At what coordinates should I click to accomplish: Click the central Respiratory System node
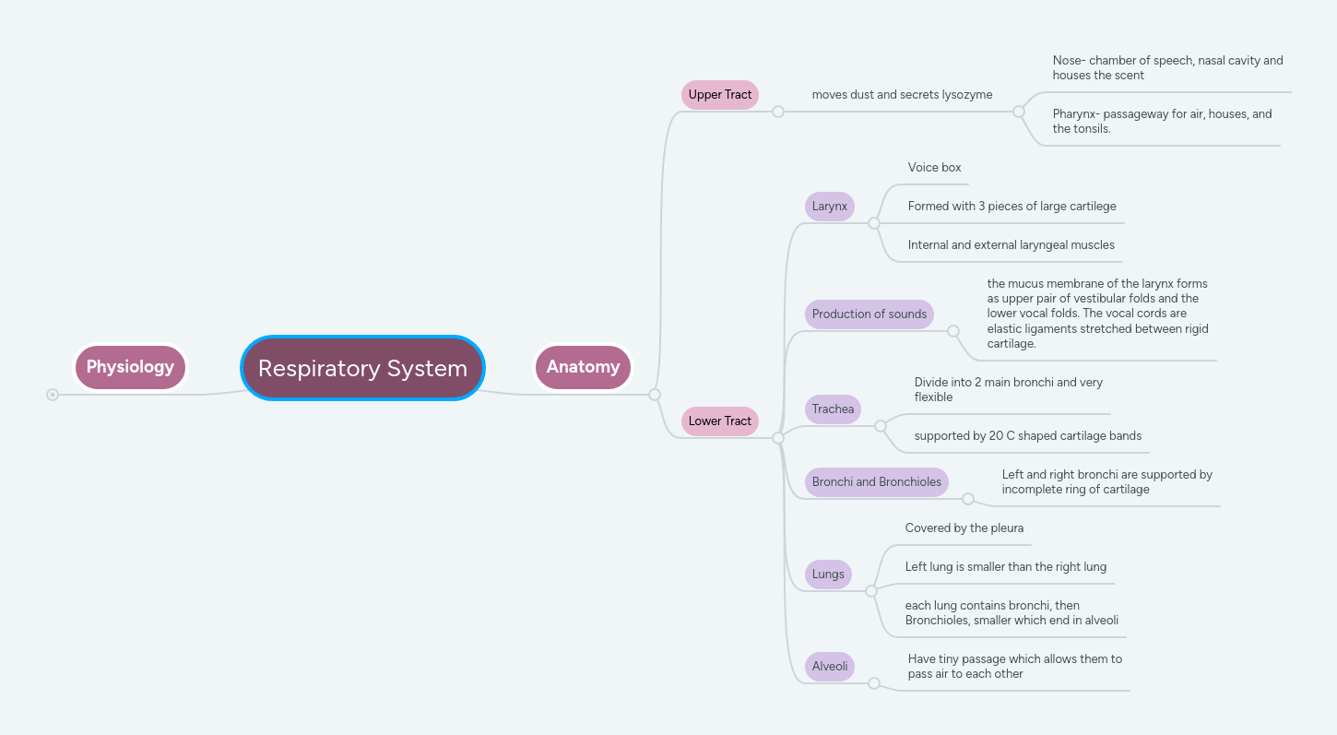tap(362, 368)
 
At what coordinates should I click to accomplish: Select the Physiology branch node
tap(130, 367)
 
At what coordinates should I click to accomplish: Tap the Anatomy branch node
tap(583, 367)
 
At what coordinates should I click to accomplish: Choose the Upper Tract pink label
tap(719, 94)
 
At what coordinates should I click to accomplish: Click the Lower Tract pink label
tap(719, 421)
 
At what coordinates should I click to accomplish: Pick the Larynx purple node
tap(829, 206)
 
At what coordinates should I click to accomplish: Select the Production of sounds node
tap(869, 314)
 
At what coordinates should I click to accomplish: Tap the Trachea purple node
tap(833, 409)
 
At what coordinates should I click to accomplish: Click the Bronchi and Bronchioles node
tap(876, 481)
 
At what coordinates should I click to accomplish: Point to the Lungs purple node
tap(827, 574)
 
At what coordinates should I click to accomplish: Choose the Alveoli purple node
tap(829, 666)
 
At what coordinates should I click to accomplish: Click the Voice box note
tap(934, 168)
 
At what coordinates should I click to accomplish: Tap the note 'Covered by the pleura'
tap(964, 528)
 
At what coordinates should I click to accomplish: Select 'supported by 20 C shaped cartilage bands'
tap(1027, 435)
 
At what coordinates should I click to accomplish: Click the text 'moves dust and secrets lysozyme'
tap(902, 94)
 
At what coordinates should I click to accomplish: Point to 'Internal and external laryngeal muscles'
tap(1011, 245)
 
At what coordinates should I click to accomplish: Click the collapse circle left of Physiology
tap(53, 395)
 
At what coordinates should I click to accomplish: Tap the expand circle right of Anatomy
tap(655, 395)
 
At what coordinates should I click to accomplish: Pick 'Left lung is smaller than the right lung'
tap(1005, 567)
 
